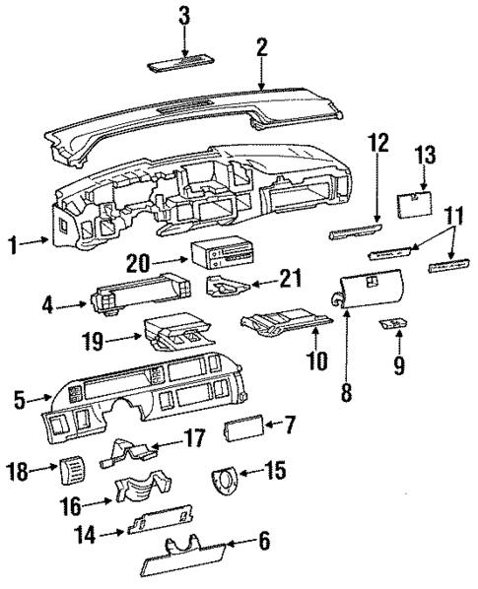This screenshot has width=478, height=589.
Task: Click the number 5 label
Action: click(x=20, y=401)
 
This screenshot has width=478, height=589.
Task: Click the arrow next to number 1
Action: click(x=39, y=244)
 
